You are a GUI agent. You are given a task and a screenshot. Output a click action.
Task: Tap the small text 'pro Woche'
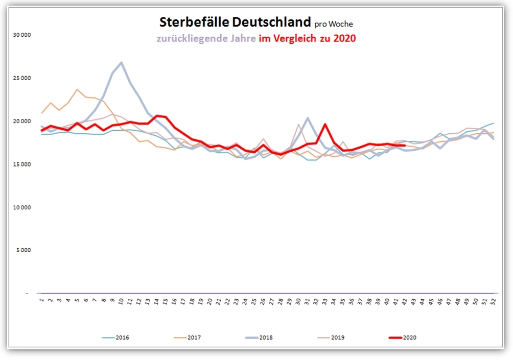point(334,23)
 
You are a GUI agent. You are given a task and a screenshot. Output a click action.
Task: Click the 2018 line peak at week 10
point(121,63)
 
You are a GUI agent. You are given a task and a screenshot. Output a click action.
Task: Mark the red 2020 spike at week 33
point(325,124)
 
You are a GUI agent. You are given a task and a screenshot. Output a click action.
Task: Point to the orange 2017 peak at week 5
point(77,90)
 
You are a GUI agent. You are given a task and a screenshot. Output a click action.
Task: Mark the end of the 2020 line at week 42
point(405,146)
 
